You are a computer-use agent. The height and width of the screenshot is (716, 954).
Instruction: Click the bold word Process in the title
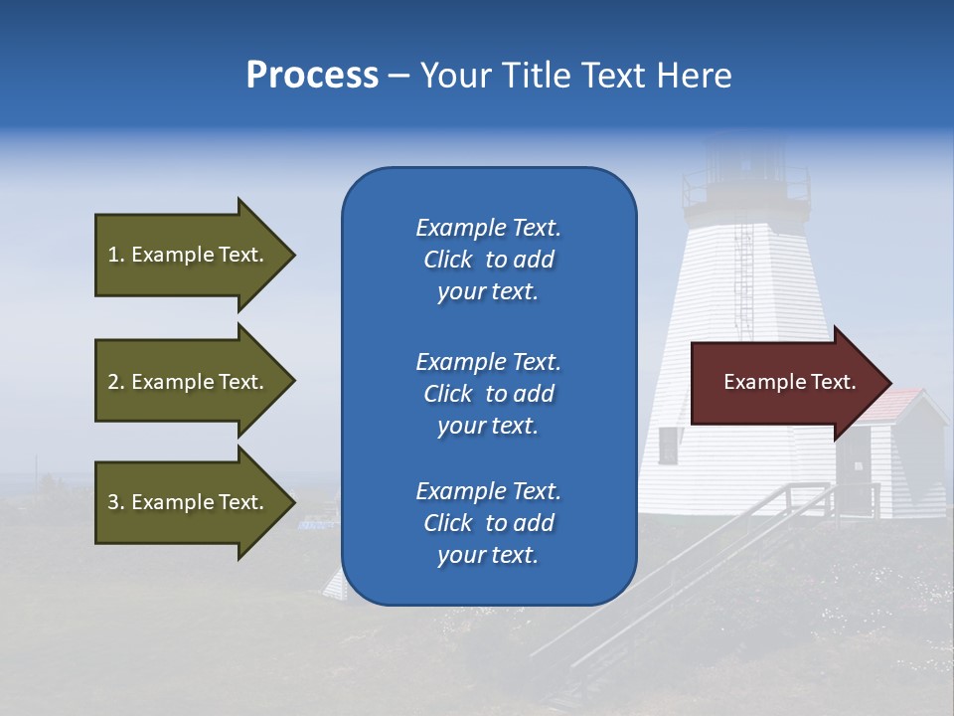pos(312,76)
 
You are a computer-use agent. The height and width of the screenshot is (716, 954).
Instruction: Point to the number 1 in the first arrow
pos(113,256)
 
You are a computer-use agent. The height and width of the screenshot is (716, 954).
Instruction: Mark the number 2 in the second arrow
pos(113,382)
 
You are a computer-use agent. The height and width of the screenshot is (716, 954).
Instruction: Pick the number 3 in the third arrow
pos(113,502)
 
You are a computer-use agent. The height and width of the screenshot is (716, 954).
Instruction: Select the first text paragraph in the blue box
pos(488,260)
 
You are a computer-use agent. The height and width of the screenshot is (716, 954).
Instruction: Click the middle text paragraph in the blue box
pos(488,394)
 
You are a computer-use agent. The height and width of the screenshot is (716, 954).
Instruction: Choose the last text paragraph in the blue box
pos(488,523)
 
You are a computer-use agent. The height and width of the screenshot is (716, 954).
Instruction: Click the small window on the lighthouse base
pos(668,446)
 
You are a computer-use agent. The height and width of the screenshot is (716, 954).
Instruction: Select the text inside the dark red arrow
pos(789,383)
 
